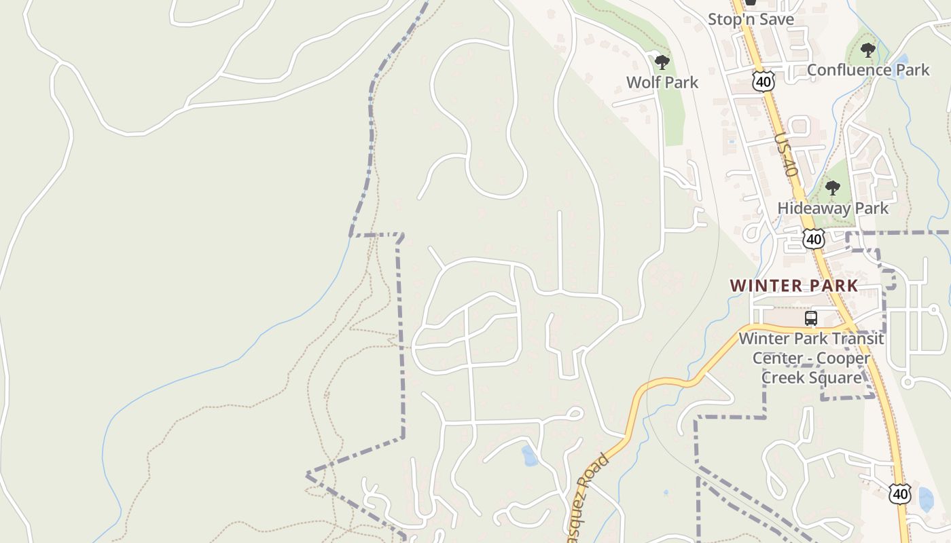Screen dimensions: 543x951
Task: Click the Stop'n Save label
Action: click(x=751, y=19)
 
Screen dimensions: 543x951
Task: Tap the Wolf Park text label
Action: click(x=662, y=82)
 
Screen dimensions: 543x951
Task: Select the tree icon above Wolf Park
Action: click(x=662, y=63)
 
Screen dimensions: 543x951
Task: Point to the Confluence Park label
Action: click(x=867, y=69)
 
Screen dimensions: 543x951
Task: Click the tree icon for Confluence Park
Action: click(x=867, y=50)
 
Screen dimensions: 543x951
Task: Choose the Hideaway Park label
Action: click(x=832, y=208)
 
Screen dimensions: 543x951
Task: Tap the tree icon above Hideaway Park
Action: click(x=832, y=188)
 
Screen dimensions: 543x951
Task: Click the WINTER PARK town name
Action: click(x=794, y=286)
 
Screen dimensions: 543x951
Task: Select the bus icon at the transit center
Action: click(x=810, y=318)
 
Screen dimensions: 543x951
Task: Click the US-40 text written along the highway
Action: click(x=785, y=155)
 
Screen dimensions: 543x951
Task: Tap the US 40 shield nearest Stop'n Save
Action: click(x=764, y=81)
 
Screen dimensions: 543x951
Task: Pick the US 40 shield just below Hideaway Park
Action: click(x=813, y=238)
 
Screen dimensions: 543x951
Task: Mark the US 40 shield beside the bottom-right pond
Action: click(x=899, y=493)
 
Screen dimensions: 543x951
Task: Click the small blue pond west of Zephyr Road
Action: click(x=529, y=456)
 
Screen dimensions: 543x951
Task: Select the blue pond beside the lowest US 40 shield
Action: click(x=925, y=499)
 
